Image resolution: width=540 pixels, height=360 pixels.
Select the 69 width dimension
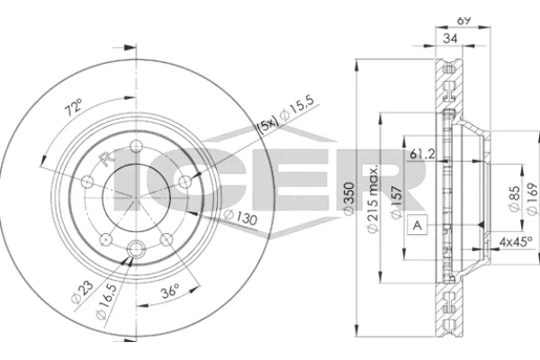click(465, 18)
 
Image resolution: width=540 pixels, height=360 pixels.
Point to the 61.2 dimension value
click(424, 152)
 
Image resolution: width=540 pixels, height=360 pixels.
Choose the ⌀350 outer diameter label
click(348, 203)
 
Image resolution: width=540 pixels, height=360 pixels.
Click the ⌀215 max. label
click(371, 193)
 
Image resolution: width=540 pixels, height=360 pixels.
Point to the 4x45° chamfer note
click(515, 240)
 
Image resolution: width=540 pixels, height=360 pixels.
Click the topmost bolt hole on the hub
click(136, 148)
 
